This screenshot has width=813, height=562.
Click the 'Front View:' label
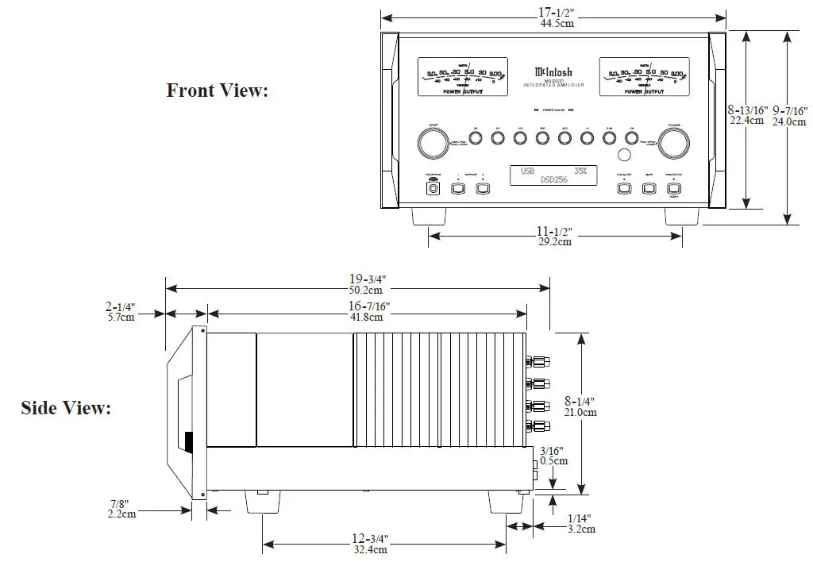click(218, 90)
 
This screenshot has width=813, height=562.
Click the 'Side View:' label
click(66, 408)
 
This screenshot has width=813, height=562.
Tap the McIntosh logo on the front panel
click(553, 71)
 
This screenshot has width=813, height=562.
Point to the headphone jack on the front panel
click(433, 189)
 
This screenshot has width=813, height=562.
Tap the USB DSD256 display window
click(553, 175)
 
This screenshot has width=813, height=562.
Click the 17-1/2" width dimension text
click(555, 12)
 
